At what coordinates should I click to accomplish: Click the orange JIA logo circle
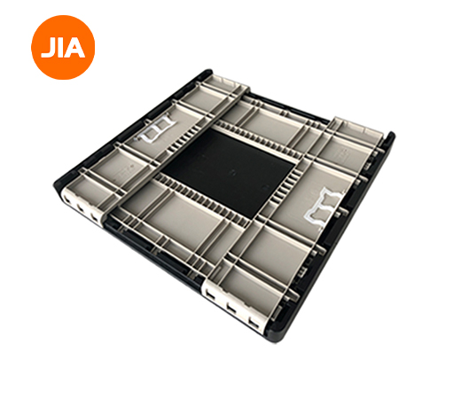63,47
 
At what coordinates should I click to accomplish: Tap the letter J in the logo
47,48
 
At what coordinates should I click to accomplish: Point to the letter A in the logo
74,48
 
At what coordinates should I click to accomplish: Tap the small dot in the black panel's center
232,172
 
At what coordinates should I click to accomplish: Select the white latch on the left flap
155,129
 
